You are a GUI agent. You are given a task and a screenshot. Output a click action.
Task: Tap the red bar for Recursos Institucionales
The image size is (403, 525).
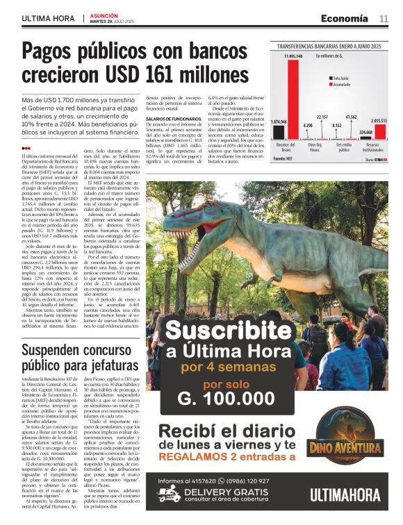coord(380,131)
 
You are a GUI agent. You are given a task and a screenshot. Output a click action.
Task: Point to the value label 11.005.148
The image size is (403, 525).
coord(293,56)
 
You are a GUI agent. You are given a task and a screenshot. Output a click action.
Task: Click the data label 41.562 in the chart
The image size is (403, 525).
coord(351,117)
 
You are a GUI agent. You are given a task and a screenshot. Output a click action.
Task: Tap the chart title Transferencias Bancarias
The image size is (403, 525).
coord(330,45)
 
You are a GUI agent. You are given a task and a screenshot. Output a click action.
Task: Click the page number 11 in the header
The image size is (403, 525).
coord(384,19)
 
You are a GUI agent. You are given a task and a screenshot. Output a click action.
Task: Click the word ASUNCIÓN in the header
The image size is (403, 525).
coord(104,15)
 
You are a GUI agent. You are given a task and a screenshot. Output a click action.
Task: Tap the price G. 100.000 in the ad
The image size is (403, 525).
coord(226,399)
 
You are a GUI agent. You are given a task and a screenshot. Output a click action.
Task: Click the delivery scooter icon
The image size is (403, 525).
coord(168,494)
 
